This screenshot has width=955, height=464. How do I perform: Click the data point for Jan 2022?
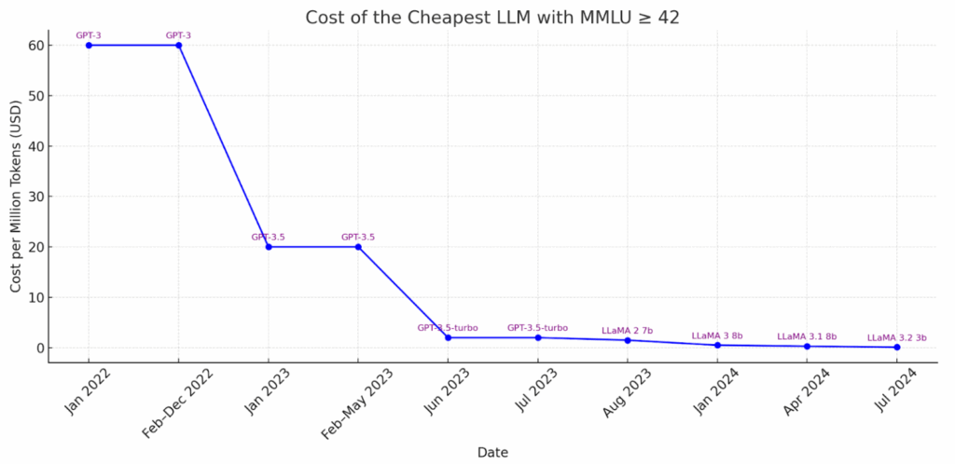point(89,45)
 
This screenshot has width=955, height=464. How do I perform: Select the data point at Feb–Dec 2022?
point(178,45)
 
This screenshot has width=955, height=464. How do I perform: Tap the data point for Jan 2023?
point(269,247)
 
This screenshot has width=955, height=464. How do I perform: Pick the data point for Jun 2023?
point(448,337)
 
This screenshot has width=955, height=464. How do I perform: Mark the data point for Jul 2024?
point(897,347)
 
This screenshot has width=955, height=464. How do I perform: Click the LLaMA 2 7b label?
point(628,331)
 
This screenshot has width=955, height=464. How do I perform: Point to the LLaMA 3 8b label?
point(717,335)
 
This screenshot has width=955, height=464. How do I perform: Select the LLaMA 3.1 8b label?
point(807,336)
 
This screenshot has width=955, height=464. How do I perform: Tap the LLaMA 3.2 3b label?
point(897,338)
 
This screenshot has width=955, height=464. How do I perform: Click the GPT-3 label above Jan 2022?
point(89,35)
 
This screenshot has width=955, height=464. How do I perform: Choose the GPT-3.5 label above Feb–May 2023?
point(358,237)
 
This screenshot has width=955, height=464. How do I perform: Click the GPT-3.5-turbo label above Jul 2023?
point(537,328)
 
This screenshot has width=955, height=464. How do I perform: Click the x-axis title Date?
point(492,452)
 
